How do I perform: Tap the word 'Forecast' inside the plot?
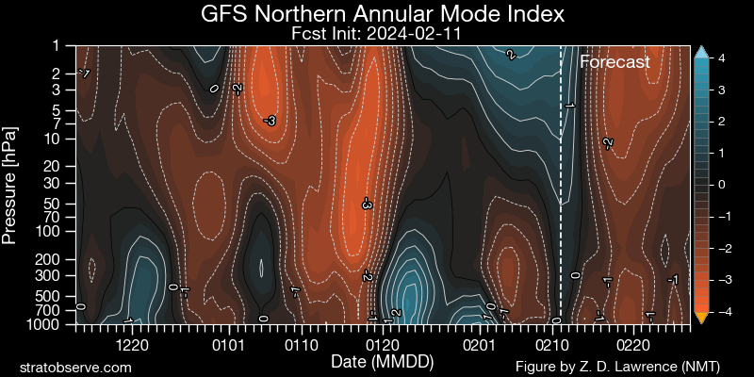point(615,62)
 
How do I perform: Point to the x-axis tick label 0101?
point(228,346)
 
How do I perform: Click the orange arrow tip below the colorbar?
point(700,318)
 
